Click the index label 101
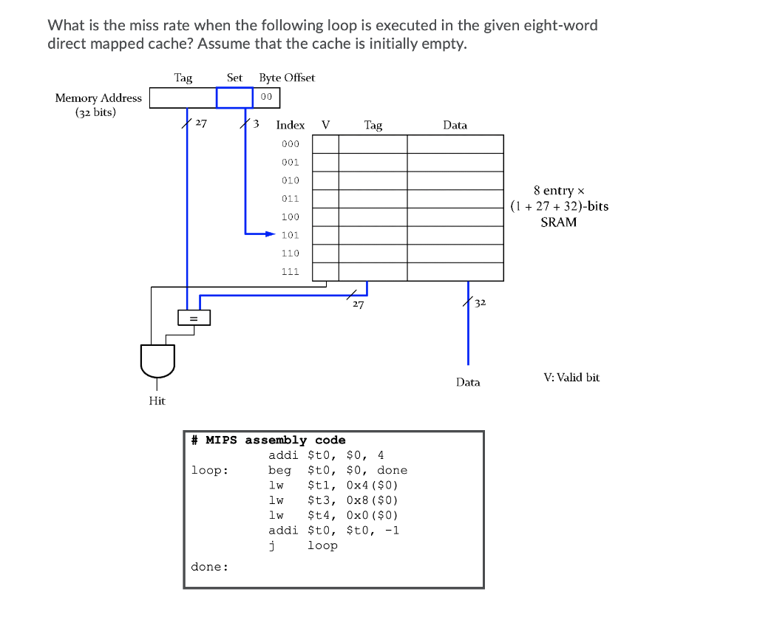pos(290,235)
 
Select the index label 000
pos(290,144)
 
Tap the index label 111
pos(290,271)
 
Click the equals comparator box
pos(194,318)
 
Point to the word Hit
pos(157,401)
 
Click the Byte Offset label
pos(287,78)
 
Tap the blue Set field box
pos(234,98)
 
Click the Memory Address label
pos(98,98)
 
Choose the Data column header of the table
pos(455,126)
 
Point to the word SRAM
pos(558,222)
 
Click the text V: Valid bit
pos(571,378)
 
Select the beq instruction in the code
pos(279,471)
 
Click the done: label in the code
pos(210,567)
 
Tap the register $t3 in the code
pos(316,500)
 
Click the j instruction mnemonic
pos(272,545)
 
